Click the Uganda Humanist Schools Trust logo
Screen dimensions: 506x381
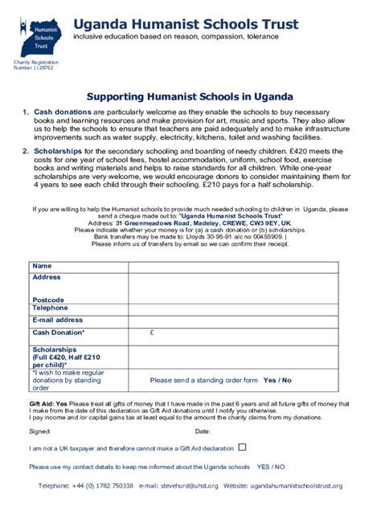(35, 35)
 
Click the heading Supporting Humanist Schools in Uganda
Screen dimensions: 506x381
(190, 95)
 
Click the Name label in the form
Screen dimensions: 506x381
(42, 266)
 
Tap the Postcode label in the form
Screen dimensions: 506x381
(48, 300)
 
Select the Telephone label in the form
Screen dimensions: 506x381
(50, 308)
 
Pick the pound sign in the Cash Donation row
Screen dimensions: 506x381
(152, 332)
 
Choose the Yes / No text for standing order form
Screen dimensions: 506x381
(277, 380)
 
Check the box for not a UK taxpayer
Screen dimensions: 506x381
(242, 447)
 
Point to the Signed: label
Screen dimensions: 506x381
(39, 431)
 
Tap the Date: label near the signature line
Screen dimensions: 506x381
(203, 431)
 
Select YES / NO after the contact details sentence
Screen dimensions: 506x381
(271, 466)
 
